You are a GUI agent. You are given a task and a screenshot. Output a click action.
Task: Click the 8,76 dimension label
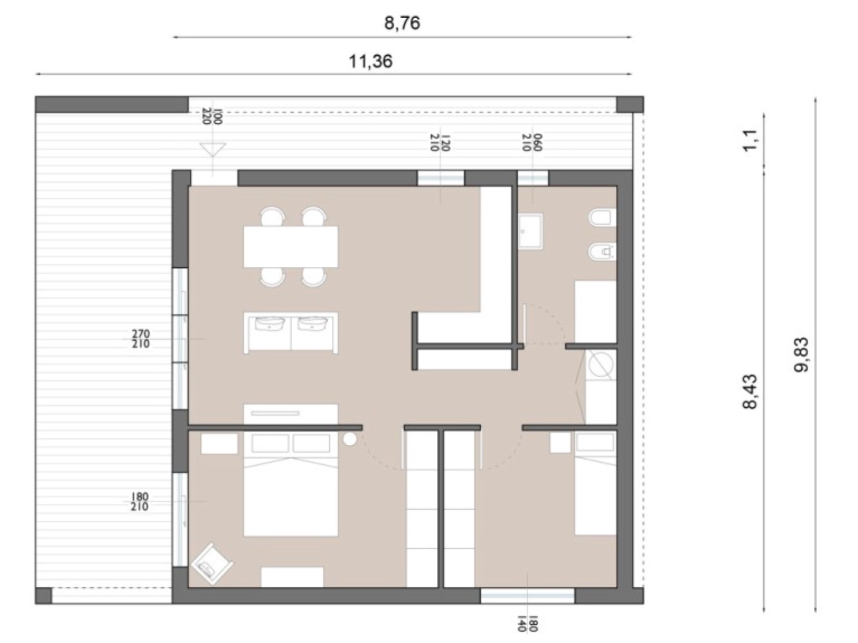[402, 23]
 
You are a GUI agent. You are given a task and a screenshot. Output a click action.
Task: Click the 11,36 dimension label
[370, 61]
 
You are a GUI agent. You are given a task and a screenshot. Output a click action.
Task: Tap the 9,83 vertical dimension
[801, 355]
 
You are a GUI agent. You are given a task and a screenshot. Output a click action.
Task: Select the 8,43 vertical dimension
[749, 392]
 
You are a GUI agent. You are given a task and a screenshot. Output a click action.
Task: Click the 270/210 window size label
[140, 339]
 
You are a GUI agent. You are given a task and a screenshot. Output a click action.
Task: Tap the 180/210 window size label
[139, 502]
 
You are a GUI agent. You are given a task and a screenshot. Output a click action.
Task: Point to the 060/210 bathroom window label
[532, 142]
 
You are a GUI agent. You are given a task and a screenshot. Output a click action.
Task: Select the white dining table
[291, 246]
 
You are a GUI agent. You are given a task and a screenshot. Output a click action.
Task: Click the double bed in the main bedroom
[291, 484]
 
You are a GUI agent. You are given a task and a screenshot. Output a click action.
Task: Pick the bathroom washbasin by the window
[530, 231]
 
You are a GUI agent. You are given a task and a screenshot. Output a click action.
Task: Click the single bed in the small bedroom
[595, 483]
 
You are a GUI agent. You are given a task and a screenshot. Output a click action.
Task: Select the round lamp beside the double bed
[350, 439]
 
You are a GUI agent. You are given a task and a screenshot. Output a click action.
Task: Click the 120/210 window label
[440, 143]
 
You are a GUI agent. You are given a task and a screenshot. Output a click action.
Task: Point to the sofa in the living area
[291, 333]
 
